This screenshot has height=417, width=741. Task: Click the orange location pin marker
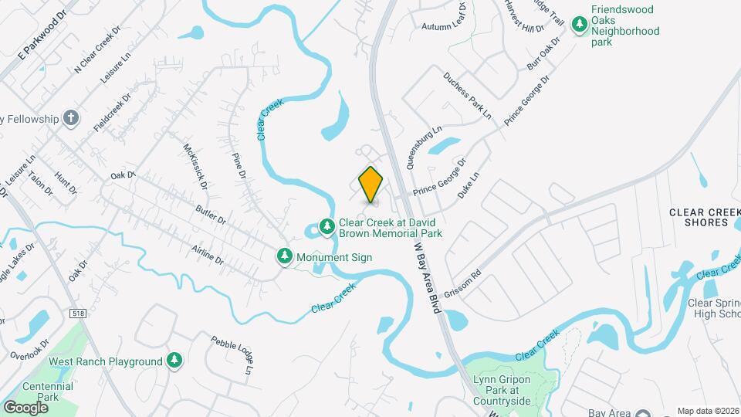tap(370, 184)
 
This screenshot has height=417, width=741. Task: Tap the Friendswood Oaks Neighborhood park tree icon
tap(580, 25)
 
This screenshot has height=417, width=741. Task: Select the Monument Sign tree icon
tap(285, 256)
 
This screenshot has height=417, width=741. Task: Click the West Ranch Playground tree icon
tap(175, 361)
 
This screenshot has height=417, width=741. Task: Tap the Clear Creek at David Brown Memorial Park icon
tap(327, 225)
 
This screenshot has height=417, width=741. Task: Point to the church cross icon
tap(72, 118)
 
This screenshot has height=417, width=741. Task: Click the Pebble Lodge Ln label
tap(232, 355)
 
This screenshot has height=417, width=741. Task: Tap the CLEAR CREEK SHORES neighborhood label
tap(698, 217)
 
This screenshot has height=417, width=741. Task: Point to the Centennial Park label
tap(48, 392)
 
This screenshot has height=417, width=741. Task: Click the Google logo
tap(26, 407)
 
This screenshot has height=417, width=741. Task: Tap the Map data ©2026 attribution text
tap(707, 411)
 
